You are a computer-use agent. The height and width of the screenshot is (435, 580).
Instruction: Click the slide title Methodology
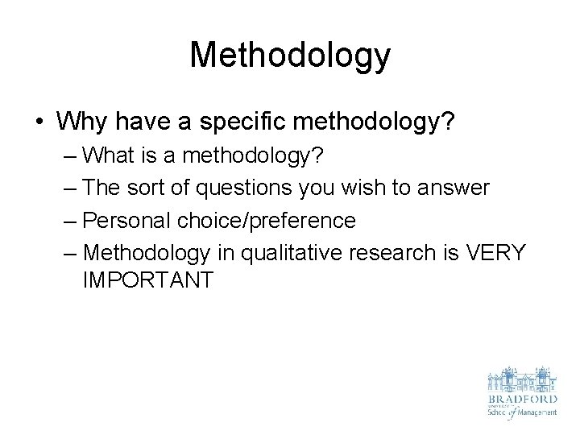[x=290, y=56]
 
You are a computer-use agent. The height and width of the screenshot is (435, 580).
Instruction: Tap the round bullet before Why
[x=39, y=123]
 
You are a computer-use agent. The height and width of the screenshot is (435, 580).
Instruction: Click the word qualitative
[x=276, y=253]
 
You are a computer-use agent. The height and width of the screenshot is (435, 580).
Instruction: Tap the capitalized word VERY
[x=495, y=253]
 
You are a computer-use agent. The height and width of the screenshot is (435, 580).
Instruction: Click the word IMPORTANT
[x=147, y=280]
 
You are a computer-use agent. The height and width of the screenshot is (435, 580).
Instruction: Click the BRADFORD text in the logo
[x=521, y=398]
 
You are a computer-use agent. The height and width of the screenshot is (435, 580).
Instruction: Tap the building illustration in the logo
[x=521, y=378]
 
